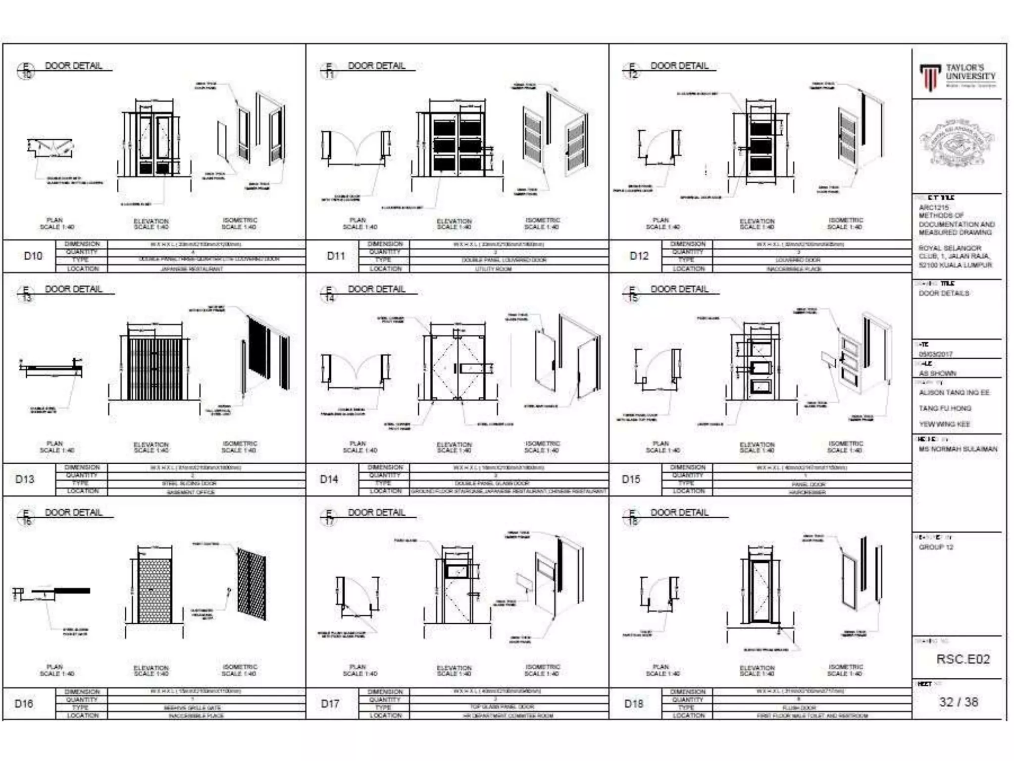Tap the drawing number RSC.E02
pos(963,659)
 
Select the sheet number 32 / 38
pos(958,702)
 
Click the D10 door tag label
pos(33,256)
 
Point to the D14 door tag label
pos(329,479)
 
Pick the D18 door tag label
pos(633,704)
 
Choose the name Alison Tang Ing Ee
pos(954,393)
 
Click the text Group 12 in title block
pos(936,547)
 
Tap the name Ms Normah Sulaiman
pos(958,449)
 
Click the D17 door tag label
pos(330,704)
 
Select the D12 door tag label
pos(639,256)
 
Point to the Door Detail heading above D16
pos(74,512)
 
